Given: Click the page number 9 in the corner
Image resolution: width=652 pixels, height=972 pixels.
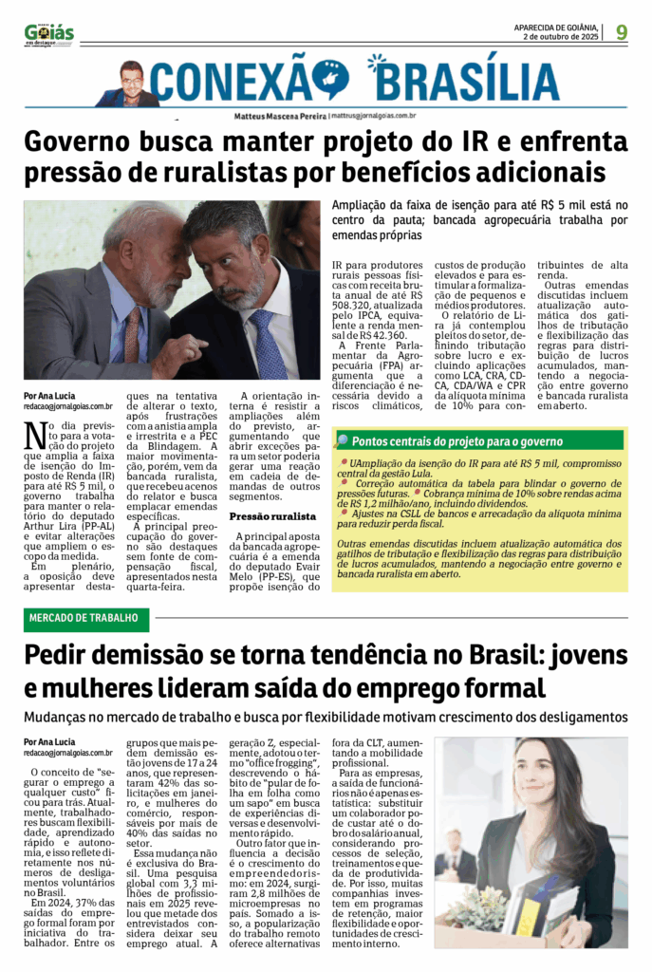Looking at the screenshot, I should coord(621,32).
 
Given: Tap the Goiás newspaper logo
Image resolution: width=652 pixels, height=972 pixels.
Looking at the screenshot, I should coord(49,35).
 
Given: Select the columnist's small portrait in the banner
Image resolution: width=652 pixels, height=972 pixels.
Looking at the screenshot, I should coord(129,84).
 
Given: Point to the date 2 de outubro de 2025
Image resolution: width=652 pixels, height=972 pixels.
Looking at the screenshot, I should coord(560,37).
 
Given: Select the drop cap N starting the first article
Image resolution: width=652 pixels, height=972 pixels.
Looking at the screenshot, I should coord(34,436).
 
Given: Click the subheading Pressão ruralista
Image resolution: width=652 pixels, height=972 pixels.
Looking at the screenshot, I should coord(273,516).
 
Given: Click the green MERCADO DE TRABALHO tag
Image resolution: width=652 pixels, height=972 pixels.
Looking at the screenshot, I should coord(86,620).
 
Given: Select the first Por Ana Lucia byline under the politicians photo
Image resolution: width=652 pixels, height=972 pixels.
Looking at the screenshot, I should coord(50,396).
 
